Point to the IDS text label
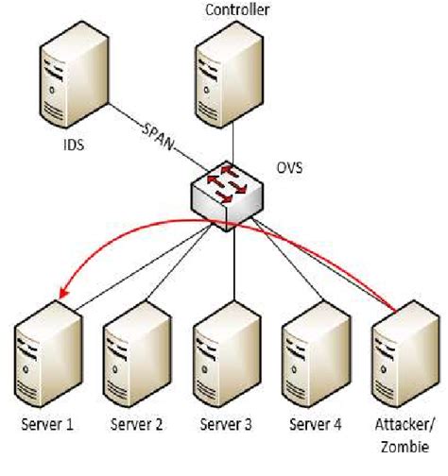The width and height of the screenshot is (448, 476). pos(71,148)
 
